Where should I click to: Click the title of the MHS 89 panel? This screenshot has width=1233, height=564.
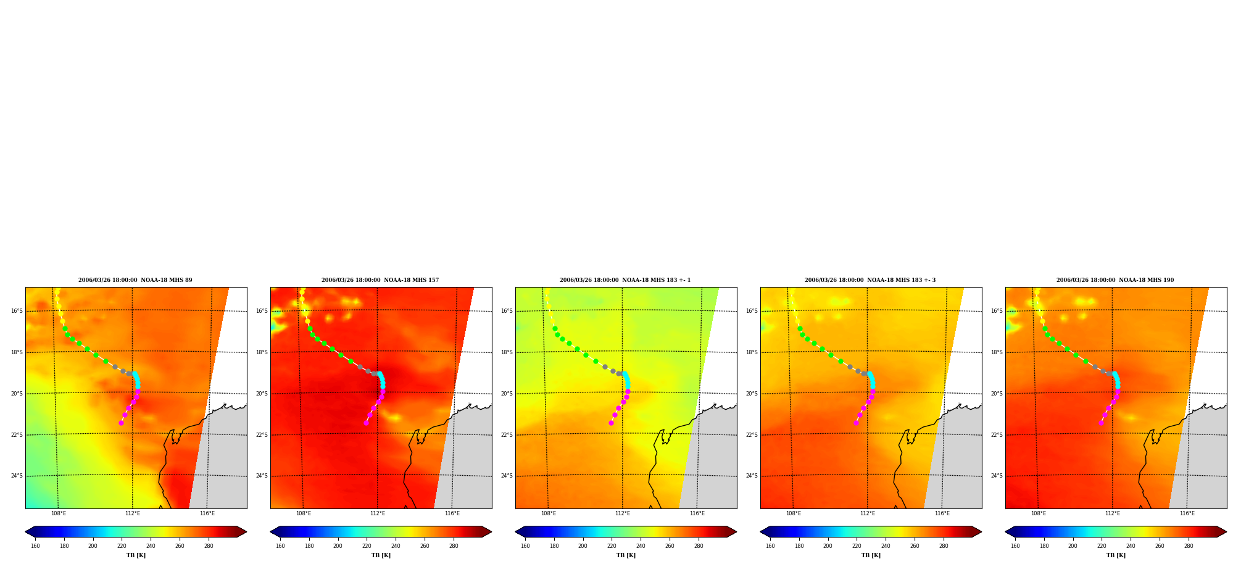[x=135, y=280]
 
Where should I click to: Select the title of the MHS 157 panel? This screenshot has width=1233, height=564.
[x=380, y=280]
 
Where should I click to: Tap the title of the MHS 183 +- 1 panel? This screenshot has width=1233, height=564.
[x=625, y=280]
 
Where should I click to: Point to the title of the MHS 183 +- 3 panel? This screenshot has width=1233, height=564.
[x=870, y=280]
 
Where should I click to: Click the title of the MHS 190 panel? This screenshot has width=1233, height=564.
[x=1115, y=280]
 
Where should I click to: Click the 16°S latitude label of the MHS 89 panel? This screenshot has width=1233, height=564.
[x=17, y=311]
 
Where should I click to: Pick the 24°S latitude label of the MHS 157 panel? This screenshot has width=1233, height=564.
[x=262, y=476]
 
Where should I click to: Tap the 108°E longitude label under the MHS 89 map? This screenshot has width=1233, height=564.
[x=59, y=513]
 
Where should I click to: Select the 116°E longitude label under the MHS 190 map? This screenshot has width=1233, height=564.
[x=1187, y=513]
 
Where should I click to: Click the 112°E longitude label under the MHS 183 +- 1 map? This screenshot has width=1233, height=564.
[x=623, y=513]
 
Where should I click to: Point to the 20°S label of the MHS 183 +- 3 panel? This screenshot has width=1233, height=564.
[x=752, y=394]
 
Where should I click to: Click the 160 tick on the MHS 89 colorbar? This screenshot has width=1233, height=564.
[x=35, y=546]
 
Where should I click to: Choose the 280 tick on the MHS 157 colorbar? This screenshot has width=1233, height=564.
[x=454, y=546]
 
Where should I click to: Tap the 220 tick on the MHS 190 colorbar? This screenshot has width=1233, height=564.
[x=1102, y=546]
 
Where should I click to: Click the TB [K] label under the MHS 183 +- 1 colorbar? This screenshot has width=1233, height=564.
[x=626, y=555]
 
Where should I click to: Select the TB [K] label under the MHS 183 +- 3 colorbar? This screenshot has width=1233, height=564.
[x=871, y=555]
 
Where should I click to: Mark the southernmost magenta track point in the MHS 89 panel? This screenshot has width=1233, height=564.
[x=121, y=423]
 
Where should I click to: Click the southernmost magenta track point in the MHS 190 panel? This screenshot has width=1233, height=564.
[x=1101, y=423]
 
